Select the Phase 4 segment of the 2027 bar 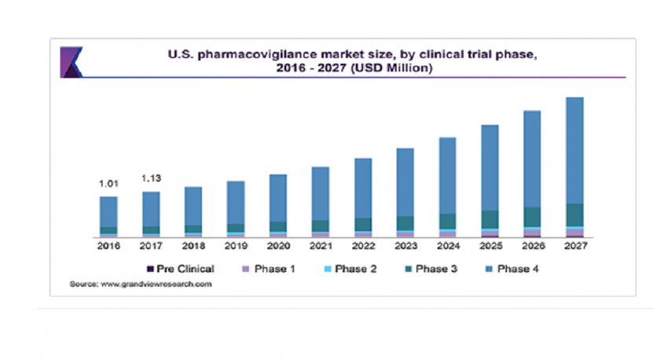(574, 150)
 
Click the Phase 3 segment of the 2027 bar (574, 215)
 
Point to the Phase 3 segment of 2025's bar (490, 219)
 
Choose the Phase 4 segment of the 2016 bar (108, 211)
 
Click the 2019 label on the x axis (236, 247)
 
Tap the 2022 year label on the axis (363, 247)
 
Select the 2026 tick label (532, 247)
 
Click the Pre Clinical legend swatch (149, 269)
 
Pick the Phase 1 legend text (277, 269)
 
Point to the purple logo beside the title (72, 61)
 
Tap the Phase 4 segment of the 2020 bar (278, 197)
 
